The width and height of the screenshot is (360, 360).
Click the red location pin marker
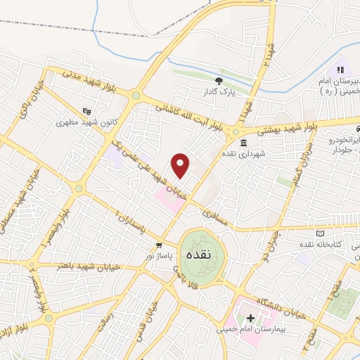click(181, 165)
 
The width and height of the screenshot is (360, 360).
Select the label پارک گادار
click(219, 91)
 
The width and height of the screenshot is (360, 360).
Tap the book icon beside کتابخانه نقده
click(321, 233)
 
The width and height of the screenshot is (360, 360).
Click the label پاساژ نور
click(160, 257)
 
